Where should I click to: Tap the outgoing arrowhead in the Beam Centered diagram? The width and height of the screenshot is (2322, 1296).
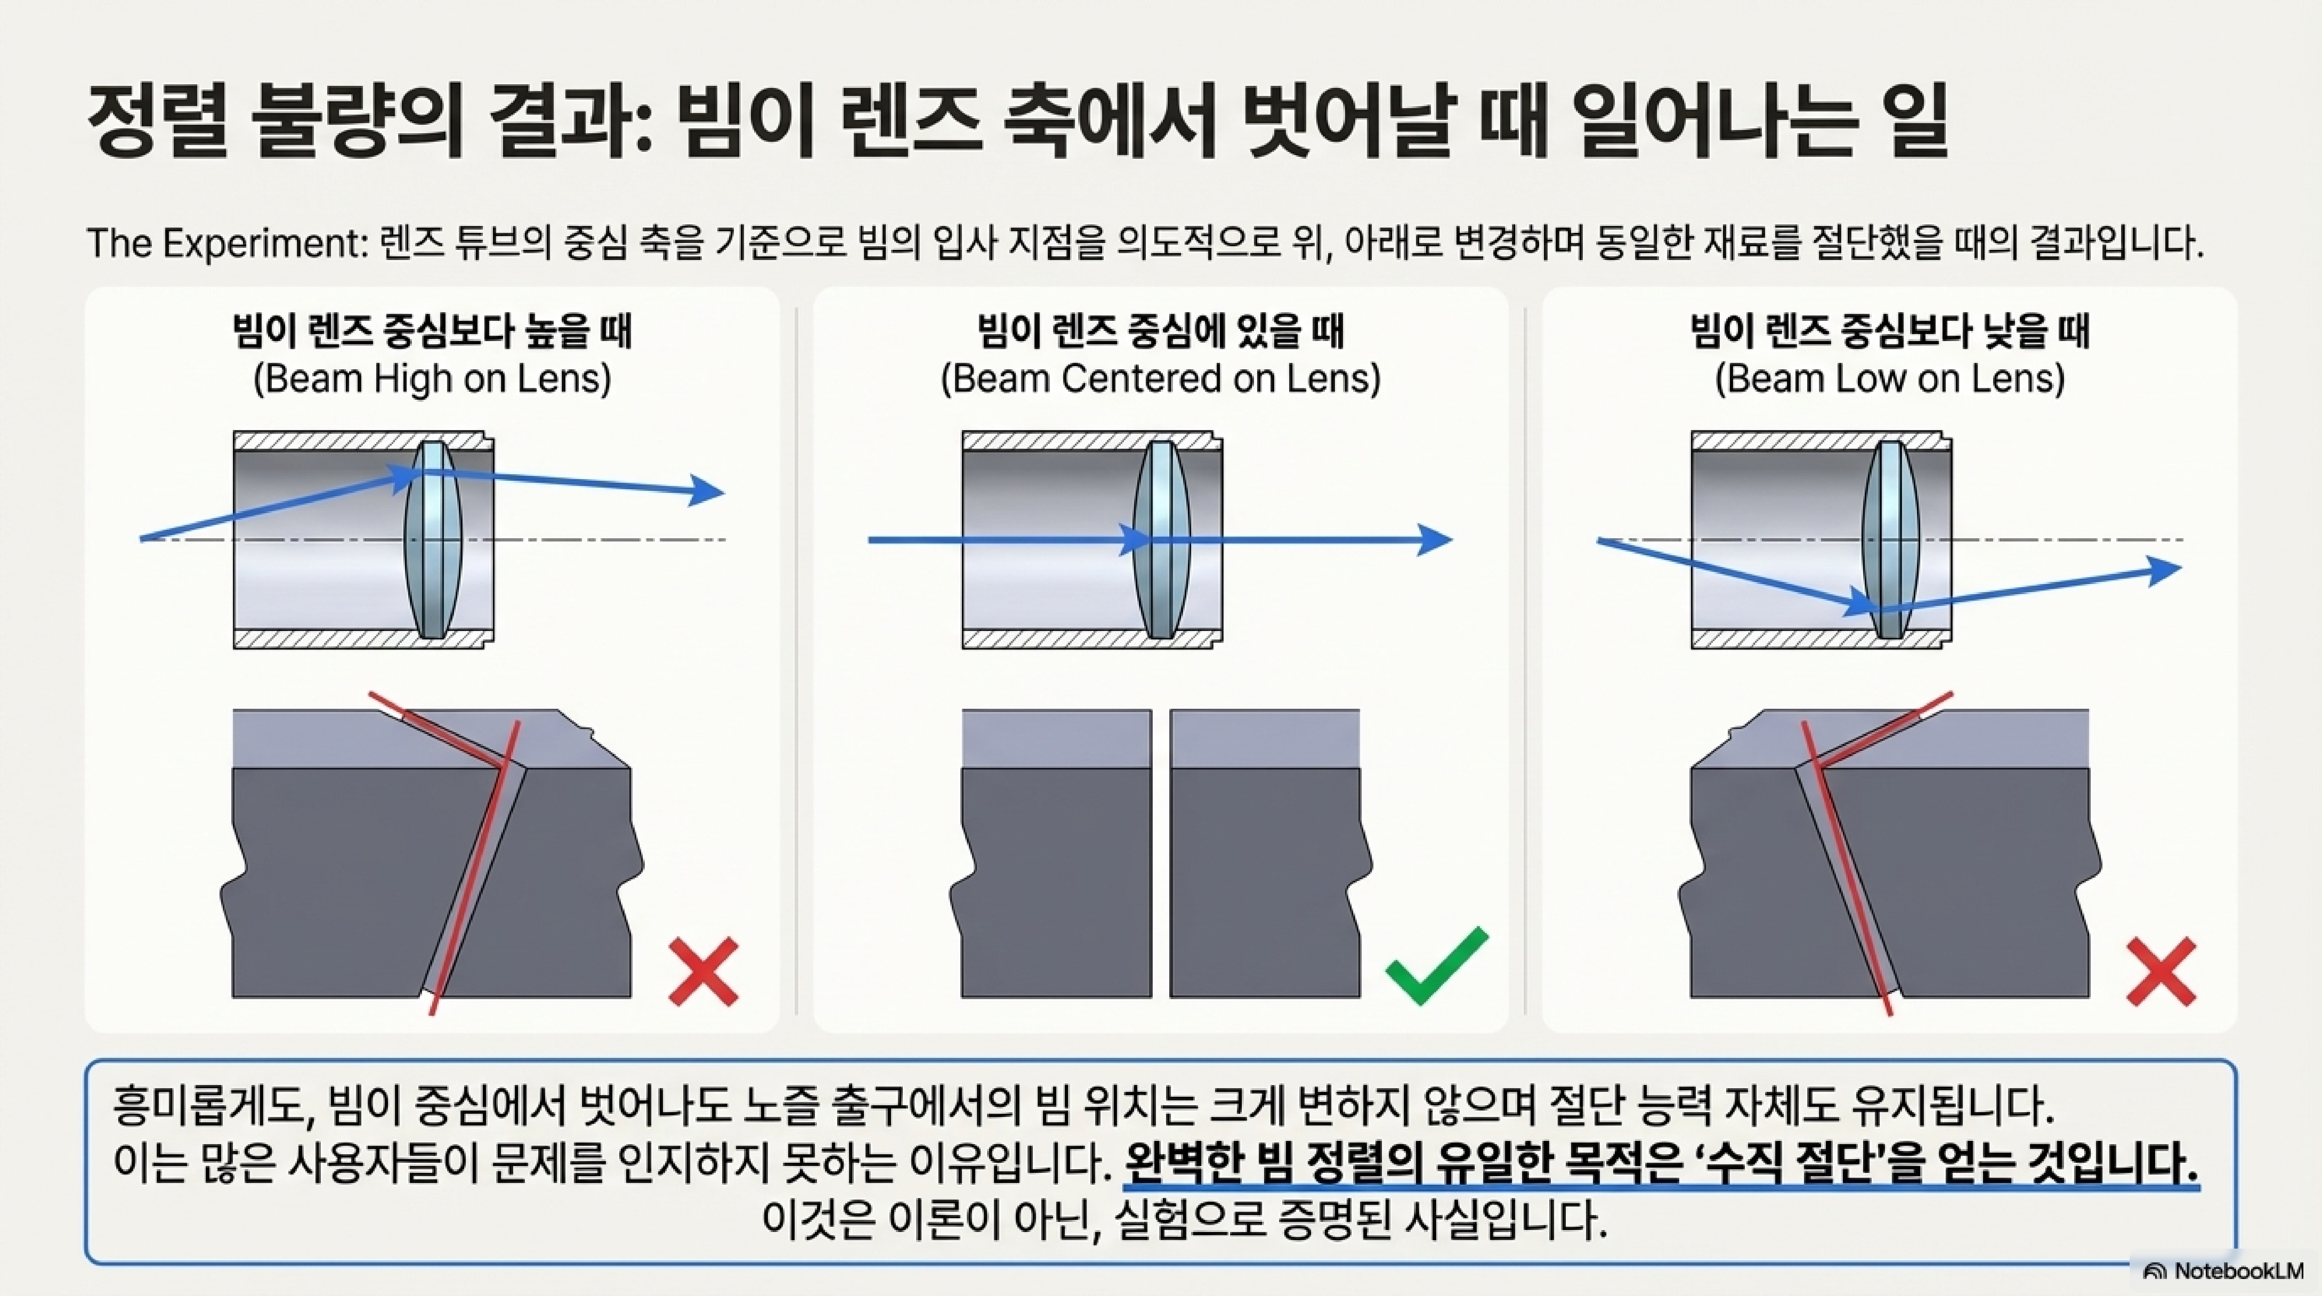pyautogui.click(x=1435, y=540)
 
